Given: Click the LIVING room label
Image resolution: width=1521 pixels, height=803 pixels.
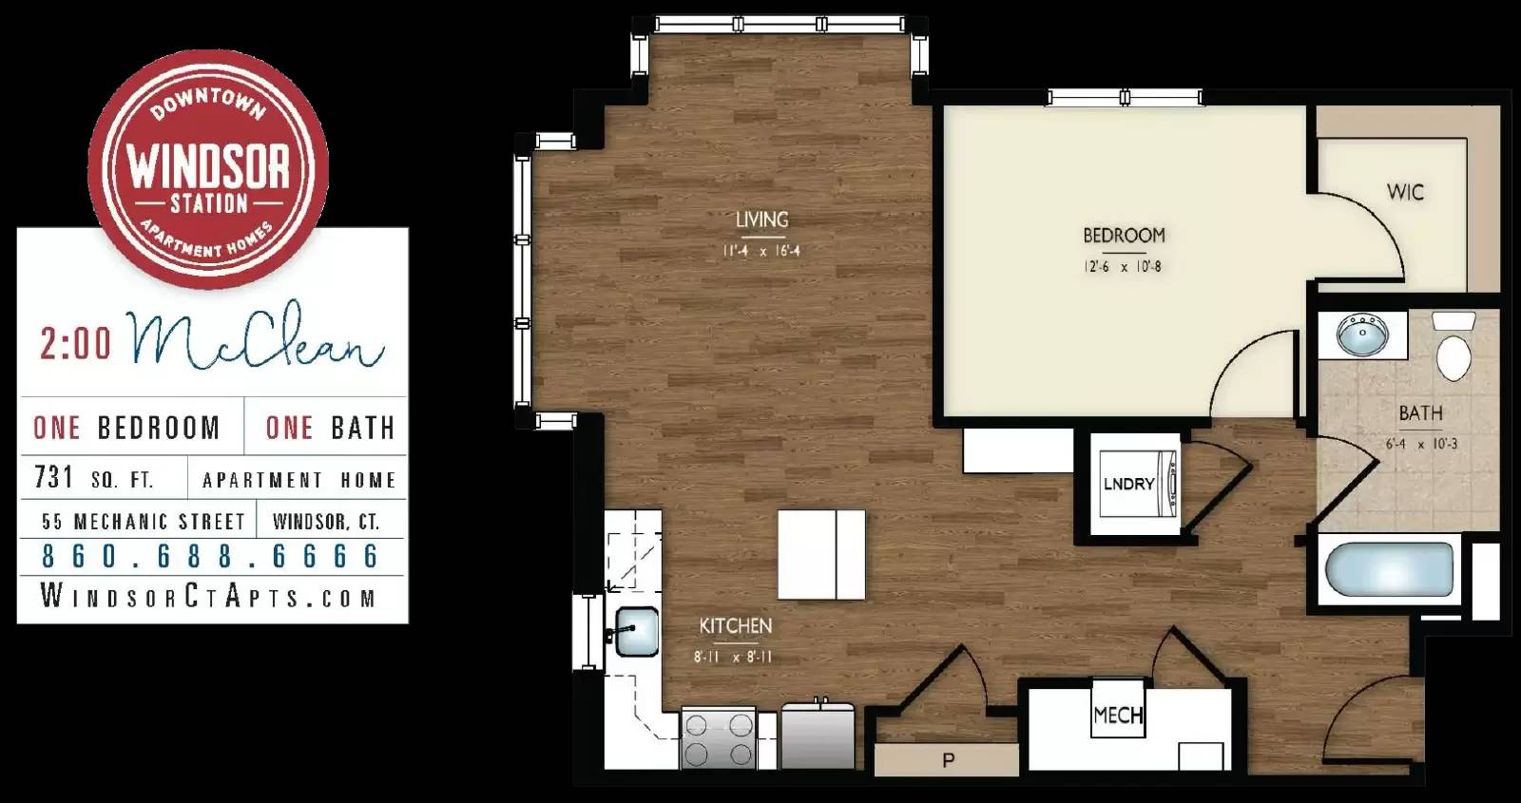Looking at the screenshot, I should coord(761,220).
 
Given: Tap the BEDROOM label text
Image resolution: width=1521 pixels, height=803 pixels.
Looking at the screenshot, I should coord(1124,235).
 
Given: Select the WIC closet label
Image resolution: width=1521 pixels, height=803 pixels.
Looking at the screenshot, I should coord(1405,192).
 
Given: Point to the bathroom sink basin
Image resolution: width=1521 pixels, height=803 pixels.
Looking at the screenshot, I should coord(1362,335).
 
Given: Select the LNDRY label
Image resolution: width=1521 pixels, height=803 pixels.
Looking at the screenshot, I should coord(1128,484).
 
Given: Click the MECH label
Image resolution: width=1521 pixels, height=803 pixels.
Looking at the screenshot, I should coord(1118,715).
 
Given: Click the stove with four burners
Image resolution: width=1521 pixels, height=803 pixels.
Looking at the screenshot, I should coord(719,739).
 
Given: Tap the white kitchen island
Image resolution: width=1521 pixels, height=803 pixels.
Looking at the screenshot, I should coord(821,555).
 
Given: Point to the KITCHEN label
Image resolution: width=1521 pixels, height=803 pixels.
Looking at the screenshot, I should coord(736,626).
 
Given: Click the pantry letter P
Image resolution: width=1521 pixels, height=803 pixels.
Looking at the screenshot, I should coord(948,760).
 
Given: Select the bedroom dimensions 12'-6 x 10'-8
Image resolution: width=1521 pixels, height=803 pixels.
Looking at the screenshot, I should coord(1123,267).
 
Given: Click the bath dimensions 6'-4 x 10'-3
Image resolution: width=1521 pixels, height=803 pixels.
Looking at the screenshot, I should coord(1421,444).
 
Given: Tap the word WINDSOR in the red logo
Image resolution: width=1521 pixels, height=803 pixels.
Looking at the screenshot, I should coord(208,165).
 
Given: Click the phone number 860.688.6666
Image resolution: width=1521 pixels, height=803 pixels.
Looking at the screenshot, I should coord(211,556).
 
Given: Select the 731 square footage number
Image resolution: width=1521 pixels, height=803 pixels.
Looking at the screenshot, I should coord(54,477).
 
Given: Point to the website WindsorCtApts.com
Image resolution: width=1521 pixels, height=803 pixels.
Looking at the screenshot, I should coord(209,598).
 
